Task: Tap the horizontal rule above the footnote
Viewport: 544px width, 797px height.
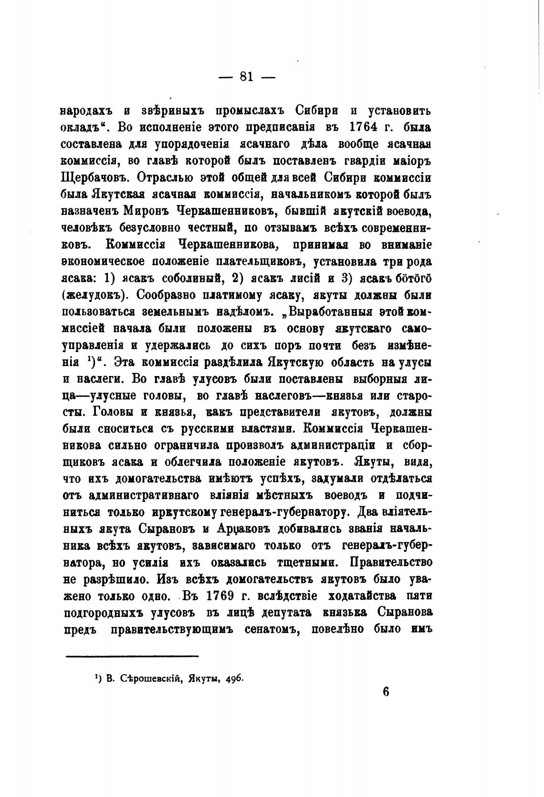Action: click(x=132, y=656)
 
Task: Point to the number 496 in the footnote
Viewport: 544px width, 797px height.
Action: click(x=234, y=679)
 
